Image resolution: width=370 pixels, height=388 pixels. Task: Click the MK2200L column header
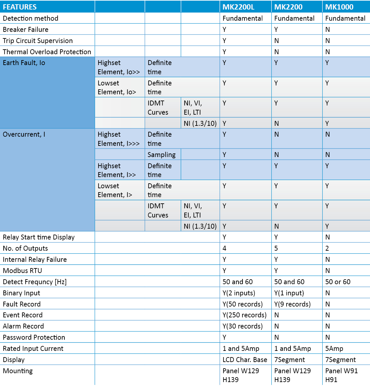pyautogui.click(x=238, y=7)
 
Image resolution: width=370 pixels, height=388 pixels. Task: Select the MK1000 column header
pyautogui.click(x=339, y=7)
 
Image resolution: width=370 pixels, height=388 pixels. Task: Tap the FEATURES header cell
pyautogui.click(x=20, y=7)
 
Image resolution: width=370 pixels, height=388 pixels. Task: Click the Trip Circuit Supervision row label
pyautogui.click(x=38, y=41)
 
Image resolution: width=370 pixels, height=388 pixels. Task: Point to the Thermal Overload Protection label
pyautogui.click(x=47, y=52)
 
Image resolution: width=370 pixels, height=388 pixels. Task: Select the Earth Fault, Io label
pyautogui.click(x=24, y=63)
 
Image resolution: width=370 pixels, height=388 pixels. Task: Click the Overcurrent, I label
pyautogui.click(x=24, y=134)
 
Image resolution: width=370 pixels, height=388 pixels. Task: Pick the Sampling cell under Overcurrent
pyautogui.click(x=162, y=155)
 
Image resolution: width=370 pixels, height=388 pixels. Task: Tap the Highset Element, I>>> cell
pyautogui.click(x=119, y=139)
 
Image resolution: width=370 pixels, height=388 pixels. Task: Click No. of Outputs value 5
pyautogui.click(x=276, y=248)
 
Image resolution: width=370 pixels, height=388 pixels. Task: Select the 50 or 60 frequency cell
pyautogui.click(x=338, y=282)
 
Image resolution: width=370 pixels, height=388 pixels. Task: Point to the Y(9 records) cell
pyautogui.click(x=292, y=304)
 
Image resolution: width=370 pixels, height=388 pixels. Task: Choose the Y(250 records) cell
pyautogui.click(x=244, y=315)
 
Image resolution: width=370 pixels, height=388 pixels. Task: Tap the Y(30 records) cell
pyautogui.click(x=243, y=326)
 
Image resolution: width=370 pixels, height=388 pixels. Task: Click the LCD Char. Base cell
pyautogui.click(x=245, y=360)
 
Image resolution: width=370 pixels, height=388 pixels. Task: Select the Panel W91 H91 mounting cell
pyautogui.click(x=341, y=375)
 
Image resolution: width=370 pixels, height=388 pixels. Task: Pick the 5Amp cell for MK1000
pyautogui.click(x=334, y=349)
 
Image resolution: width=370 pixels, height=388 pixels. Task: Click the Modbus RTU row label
pyautogui.click(x=22, y=271)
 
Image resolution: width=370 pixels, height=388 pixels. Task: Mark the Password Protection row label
pyautogui.click(x=34, y=337)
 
